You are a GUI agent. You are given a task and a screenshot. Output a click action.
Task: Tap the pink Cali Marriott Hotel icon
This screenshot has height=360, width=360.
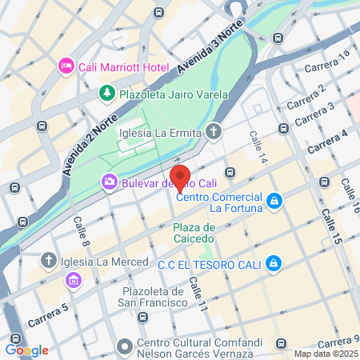tap(66, 66)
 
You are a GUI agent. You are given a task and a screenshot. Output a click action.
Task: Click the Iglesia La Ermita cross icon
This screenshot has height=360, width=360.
tap(214, 131)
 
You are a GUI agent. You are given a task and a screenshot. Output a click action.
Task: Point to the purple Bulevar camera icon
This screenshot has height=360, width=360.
tap(108, 182)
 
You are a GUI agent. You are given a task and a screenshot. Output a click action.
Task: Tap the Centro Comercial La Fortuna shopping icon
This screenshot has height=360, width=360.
tap(274, 199)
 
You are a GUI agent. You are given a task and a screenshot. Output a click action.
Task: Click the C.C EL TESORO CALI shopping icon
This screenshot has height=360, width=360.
tap(274, 262)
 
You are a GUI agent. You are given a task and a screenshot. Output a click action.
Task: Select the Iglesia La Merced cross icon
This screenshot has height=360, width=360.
tap(49, 261)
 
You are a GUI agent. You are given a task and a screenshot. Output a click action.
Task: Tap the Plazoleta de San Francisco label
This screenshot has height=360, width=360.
tap(142, 297)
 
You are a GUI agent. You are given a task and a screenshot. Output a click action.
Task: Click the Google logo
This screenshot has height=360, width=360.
tap(26, 350)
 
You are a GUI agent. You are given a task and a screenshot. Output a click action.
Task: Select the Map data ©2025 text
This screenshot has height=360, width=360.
tap(325, 354)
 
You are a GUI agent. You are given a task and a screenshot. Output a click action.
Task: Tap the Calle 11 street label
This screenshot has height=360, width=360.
tap(198, 294)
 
